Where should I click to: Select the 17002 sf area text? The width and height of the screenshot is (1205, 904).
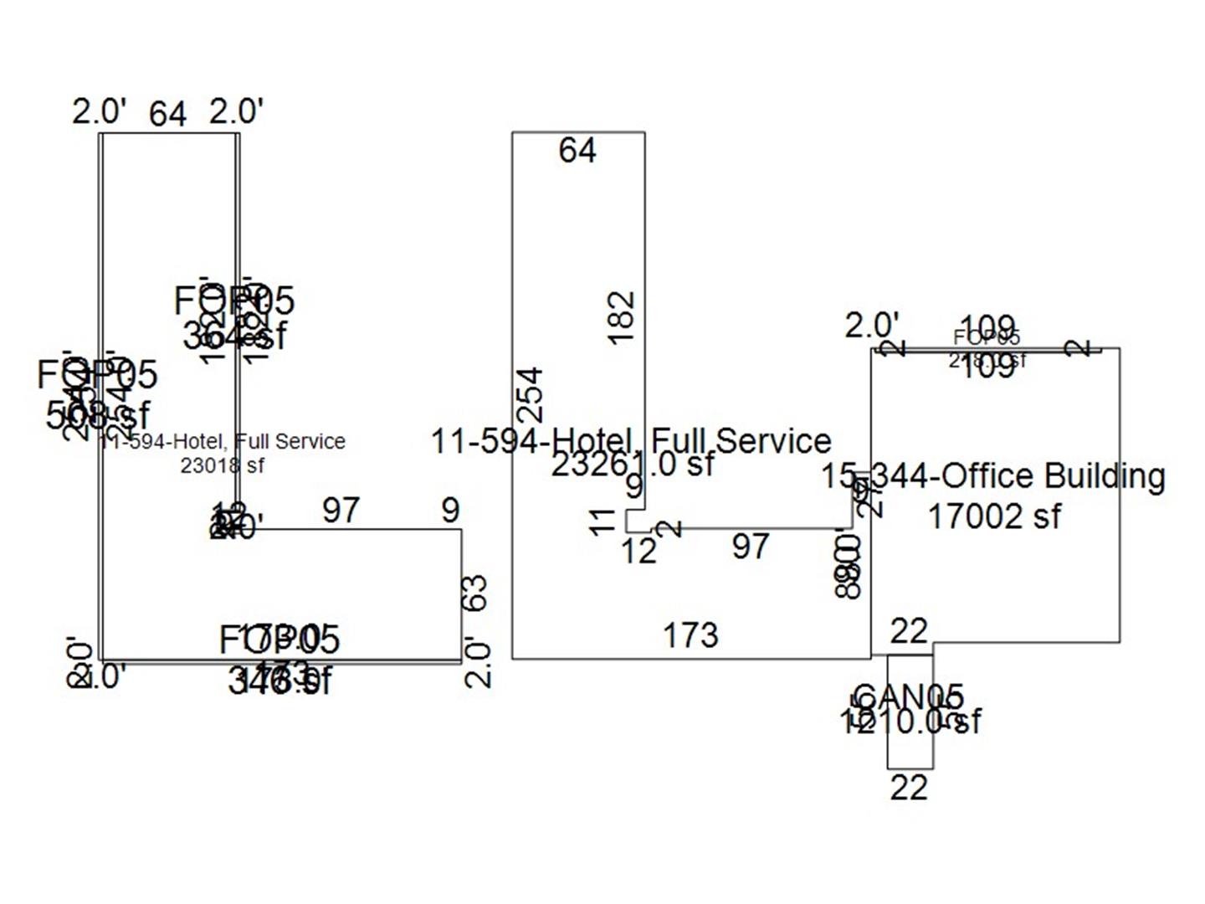994,516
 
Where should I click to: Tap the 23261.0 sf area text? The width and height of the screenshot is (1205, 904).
633,464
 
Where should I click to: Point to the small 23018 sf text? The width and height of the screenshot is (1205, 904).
222,465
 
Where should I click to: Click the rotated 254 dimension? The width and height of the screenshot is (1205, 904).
531,394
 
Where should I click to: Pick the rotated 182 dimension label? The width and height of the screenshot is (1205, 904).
622,316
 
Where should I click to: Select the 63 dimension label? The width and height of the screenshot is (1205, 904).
474,593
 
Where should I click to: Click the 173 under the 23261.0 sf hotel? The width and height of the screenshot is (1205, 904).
690,635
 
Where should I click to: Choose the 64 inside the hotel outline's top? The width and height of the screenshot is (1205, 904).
577,151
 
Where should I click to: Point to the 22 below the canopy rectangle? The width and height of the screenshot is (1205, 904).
909,788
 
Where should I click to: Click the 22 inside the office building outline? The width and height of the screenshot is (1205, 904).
909,631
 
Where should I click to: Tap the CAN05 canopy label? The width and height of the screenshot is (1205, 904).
909,696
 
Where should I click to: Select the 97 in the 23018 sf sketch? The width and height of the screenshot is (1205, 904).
341,510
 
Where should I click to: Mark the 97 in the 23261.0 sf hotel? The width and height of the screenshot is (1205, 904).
750,547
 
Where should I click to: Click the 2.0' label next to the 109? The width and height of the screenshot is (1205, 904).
872,326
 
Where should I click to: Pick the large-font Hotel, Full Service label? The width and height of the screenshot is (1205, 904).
631,440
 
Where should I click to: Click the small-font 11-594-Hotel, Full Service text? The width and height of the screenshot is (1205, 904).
222,441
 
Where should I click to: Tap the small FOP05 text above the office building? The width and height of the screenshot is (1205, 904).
987,337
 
